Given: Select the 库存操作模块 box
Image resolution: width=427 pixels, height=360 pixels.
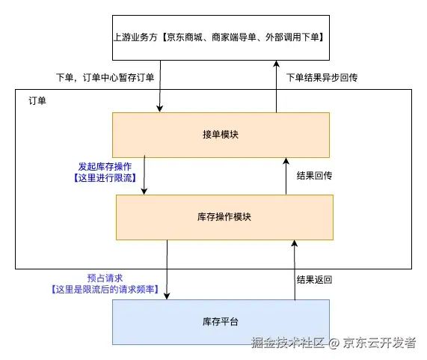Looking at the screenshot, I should (x=224, y=217).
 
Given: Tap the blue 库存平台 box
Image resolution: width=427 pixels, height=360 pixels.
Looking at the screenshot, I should (x=221, y=321).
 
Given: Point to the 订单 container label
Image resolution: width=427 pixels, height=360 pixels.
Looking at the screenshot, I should (x=37, y=100).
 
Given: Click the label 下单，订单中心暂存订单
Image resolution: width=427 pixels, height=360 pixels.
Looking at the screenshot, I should (x=105, y=77).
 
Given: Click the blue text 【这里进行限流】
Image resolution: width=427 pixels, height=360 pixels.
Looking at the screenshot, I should (x=100, y=178).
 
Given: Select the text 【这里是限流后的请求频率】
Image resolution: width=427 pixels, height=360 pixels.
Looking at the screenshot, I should (x=104, y=288).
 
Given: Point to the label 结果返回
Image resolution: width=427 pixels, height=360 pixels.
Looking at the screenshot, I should (x=314, y=280).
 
